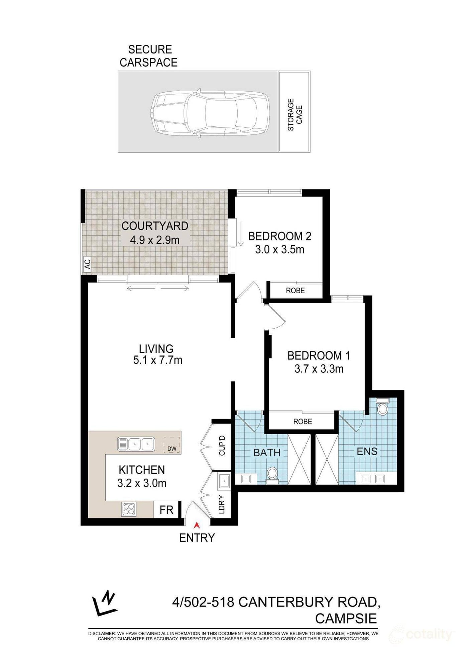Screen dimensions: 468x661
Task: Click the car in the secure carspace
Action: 210,114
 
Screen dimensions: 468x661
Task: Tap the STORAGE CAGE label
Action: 295,115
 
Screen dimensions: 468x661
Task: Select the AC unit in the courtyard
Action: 87,264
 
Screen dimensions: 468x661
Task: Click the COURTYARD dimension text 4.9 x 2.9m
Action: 155,240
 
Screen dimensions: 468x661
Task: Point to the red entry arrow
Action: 197,525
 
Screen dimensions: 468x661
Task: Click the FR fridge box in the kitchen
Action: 166,510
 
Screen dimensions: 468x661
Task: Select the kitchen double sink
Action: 136,444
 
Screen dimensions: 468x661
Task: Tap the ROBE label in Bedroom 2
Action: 295,291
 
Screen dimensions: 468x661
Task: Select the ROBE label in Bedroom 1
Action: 303,422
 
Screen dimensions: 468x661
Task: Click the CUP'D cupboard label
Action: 222,446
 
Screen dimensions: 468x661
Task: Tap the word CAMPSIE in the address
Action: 346,619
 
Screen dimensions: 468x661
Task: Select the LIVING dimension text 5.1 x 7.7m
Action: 157,360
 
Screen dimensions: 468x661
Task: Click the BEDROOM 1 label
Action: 319,355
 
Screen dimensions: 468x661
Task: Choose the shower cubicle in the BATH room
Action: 299,459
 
